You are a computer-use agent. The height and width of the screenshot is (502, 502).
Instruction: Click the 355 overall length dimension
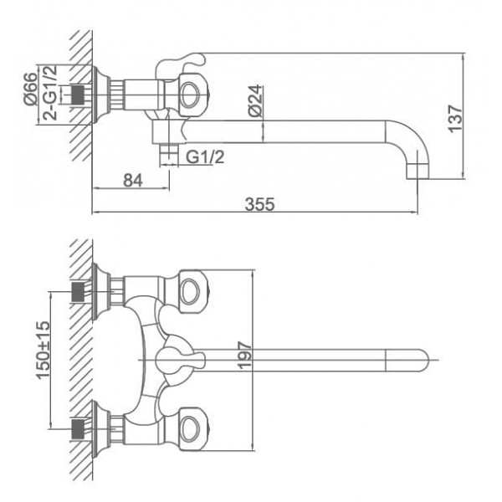pyautogui.click(x=259, y=204)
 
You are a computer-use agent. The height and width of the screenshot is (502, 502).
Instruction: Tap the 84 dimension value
pyautogui.click(x=133, y=181)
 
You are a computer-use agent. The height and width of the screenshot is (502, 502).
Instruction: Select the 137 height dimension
pyautogui.click(x=455, y=119)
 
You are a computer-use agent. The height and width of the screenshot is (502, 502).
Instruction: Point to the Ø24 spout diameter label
pyautogui.click(x=256, y=100)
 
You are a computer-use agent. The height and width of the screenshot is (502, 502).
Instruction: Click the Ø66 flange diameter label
pyautogui.click(x=30, y=89)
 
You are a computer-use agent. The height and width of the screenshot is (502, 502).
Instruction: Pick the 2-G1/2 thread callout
pyautogui.click(x=50, y=93)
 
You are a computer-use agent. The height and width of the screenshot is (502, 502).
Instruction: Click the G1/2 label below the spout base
pyautogui.click(x=205, y=157)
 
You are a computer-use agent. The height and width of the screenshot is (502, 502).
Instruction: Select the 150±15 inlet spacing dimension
pyautogui.click(x=43, y=350)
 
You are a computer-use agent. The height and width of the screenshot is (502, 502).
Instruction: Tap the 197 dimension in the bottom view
pyautogui.click(x=245, y=356)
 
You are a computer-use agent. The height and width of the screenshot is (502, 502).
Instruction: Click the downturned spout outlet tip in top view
pyautogui.click(x=417, y=172)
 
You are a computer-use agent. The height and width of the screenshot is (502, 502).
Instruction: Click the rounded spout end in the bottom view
pyautogui.click(x=419, y=361)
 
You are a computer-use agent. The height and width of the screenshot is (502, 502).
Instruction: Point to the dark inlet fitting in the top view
pyautogui.click(x=78, y=95)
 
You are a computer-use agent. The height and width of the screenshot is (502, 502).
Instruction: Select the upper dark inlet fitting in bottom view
pyautogui.click(x=78, y=292)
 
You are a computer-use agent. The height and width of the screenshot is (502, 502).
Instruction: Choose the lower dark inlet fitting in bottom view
pyautogui.click(x=78, y=429)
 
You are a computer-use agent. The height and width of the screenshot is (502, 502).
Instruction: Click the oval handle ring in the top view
pyautogui.click(x=190, y=95)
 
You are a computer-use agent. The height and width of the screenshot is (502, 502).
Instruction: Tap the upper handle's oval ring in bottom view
pyautogui.click(x=190, y=291)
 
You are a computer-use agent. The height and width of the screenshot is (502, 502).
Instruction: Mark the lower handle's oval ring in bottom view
pyautogui.click(x=190, y=429)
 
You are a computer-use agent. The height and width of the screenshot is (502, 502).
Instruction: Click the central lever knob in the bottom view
pyautogui.click(x=179, y=361)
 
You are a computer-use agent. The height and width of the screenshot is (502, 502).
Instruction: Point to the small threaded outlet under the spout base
pyautogui.click(x=169, y=155)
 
